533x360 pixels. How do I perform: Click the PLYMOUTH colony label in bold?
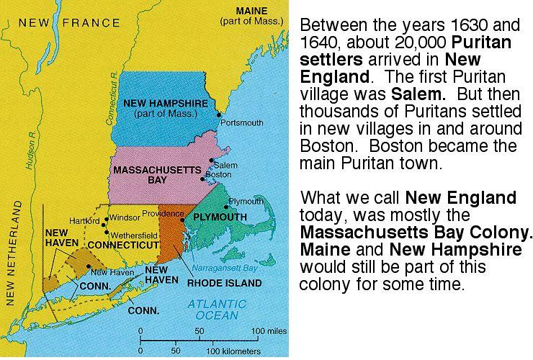click(220, 216)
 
